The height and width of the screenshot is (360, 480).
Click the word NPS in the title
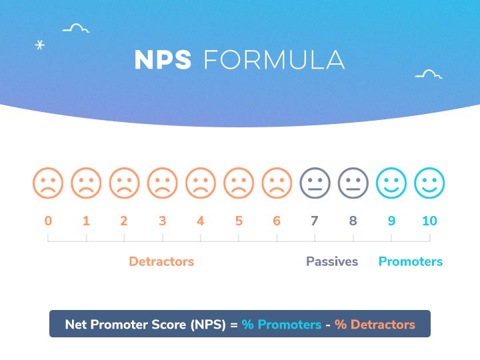click(163, 60)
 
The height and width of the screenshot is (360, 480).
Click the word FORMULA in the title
click(274, 60)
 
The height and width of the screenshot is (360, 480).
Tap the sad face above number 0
click(48, 183)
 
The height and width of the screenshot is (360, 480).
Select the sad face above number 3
click(163, 183)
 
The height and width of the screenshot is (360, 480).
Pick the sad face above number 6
click(277, 183)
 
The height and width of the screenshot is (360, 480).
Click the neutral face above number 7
click(315, 183)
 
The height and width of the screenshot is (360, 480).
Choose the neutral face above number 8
click(353, 183)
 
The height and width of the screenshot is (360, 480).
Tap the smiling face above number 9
click(391, 183)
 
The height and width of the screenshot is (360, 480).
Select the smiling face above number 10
click(429, 183)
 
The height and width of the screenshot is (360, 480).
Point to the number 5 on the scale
click(239, 221)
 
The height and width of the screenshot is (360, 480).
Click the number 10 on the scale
click(429, 221)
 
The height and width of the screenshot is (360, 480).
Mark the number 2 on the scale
click(124, 221)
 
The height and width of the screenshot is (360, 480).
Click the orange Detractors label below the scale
click(161, 261)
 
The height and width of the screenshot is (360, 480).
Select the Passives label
click(332, 261)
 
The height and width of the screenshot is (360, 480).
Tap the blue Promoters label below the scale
click(411, 261)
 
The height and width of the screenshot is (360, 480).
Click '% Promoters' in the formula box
click(281, 325)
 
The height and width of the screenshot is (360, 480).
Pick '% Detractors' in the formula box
click(375, 325)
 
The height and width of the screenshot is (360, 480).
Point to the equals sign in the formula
click(233, 325)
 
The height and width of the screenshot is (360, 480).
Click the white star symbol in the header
click(39, 45)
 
